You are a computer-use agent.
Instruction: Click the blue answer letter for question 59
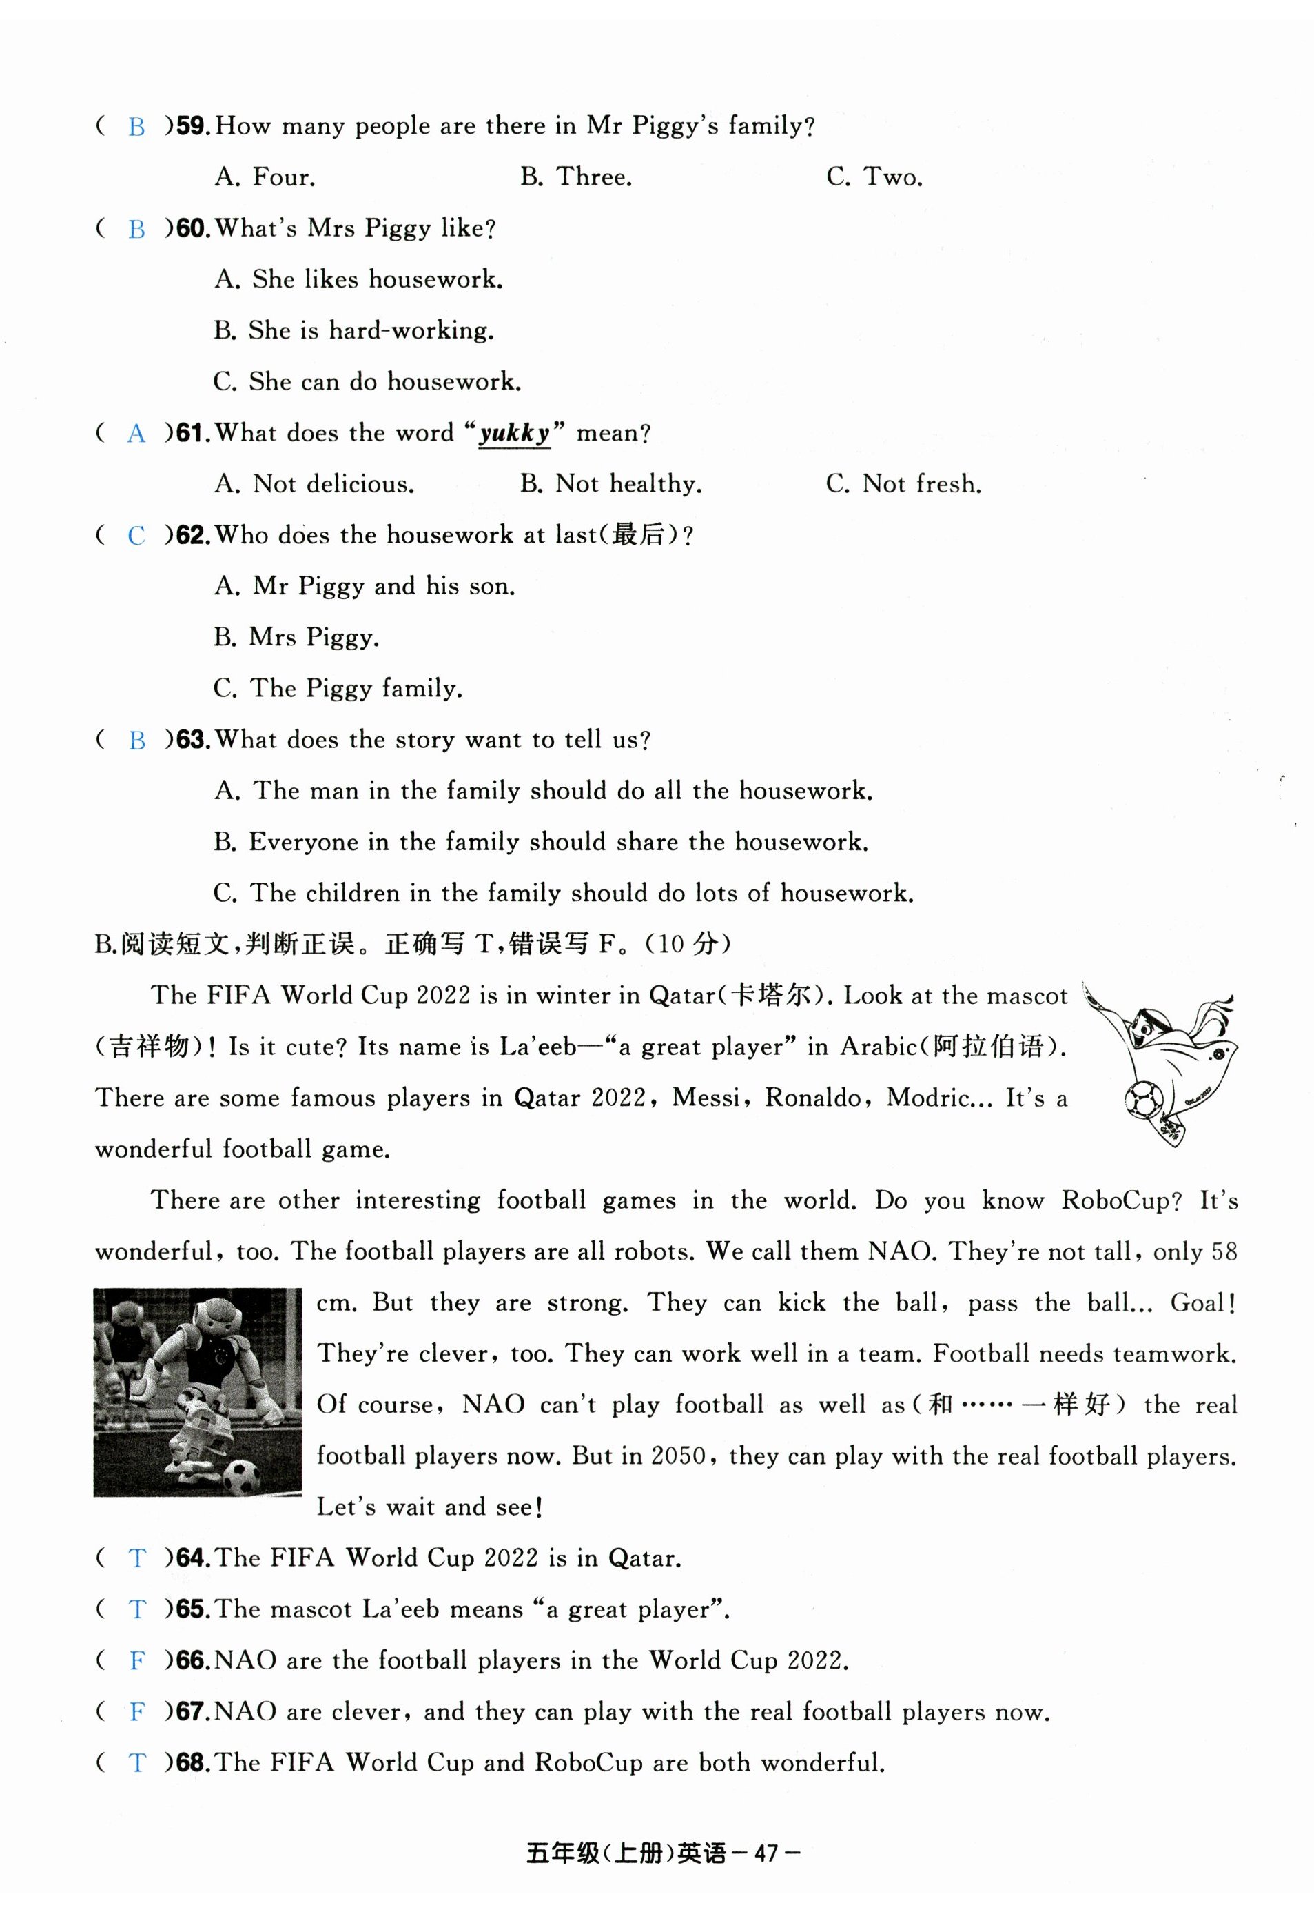tap(136, 128)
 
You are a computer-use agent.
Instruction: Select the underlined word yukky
tap(515, 433)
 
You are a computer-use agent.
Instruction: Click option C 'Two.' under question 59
tap(874, 177)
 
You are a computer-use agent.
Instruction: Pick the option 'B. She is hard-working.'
tap(354, 331)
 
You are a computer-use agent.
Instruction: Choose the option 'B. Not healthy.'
tap(611, 485)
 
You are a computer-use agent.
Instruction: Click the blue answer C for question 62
tap(136, 536)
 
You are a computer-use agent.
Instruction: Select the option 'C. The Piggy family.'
tap(338, 689)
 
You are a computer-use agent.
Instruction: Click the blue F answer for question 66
tap(136, 1661)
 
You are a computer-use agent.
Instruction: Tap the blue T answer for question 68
tap(136, 1763)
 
